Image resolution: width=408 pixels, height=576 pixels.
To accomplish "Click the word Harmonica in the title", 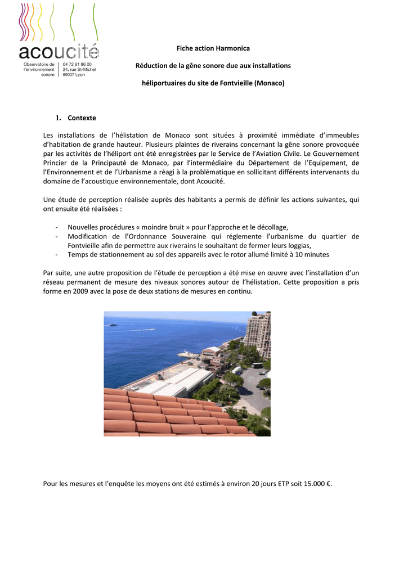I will coord(232,49).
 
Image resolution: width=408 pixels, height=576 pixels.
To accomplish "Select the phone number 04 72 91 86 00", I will coord(77,65).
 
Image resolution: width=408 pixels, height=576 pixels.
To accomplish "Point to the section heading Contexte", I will coord(82,118).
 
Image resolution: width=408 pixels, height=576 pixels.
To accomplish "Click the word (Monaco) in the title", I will coord(270,83).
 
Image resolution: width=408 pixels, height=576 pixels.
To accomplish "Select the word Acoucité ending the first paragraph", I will coord(208,181).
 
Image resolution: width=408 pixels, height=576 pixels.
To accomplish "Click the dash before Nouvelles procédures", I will coord(58,227).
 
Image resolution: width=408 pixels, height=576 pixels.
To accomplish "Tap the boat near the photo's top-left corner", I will coord(113,325).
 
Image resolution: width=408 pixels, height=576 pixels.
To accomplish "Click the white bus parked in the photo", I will coord(236,370).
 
